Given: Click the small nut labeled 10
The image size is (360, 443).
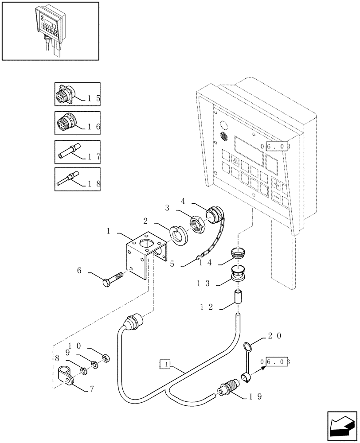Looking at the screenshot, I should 106,358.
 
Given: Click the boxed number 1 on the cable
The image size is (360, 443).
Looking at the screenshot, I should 164,365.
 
